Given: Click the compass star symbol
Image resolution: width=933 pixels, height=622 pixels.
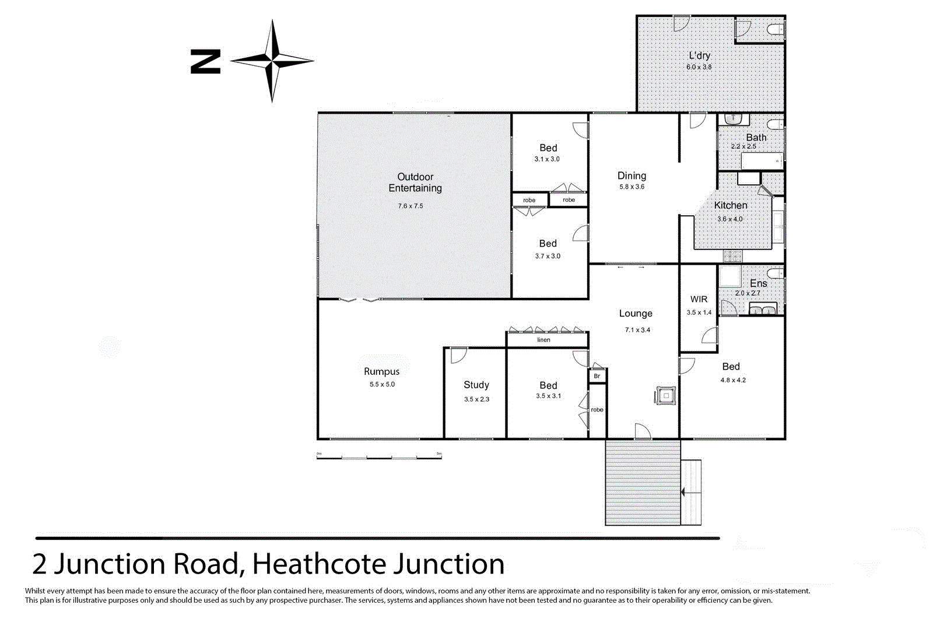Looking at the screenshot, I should pos(272,60).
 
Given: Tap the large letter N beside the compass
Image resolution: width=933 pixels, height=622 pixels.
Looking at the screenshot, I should pos(205,61).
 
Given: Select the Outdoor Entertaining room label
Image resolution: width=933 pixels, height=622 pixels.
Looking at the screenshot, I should pos(415,182).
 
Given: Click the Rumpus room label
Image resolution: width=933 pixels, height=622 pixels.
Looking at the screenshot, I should pos(381,371).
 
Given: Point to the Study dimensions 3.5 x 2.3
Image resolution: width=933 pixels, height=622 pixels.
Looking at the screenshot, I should pos(476,399).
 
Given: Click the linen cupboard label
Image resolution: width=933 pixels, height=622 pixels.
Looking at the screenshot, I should pos(543,340).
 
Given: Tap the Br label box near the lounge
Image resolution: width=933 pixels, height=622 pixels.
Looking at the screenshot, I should pos(597,376).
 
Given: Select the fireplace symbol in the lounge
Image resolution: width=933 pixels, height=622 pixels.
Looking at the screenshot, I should pos(666,396).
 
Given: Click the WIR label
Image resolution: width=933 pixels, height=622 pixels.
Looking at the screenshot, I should pos(699,299).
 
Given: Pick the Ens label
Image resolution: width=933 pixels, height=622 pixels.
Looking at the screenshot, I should pos(758,283).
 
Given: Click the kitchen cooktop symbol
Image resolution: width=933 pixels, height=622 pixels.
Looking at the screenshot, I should pos(733,256).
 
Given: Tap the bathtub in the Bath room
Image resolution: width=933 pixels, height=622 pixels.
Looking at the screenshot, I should pos(762,161).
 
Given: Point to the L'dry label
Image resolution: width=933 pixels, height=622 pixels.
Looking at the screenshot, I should pos(699,55).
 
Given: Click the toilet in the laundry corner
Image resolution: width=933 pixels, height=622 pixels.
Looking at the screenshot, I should pos(776,30).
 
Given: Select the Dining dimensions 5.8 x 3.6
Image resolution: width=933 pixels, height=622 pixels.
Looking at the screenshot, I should pos(632,187).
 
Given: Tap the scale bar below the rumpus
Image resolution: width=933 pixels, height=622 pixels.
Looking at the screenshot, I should pos(379,457).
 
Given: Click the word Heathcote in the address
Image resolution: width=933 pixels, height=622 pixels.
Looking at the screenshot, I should pos(320,564).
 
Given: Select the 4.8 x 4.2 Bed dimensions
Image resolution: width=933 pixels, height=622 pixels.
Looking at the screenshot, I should pos(732,380).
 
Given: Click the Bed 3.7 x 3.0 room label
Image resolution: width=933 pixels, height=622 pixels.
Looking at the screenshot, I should pos(548,244).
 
